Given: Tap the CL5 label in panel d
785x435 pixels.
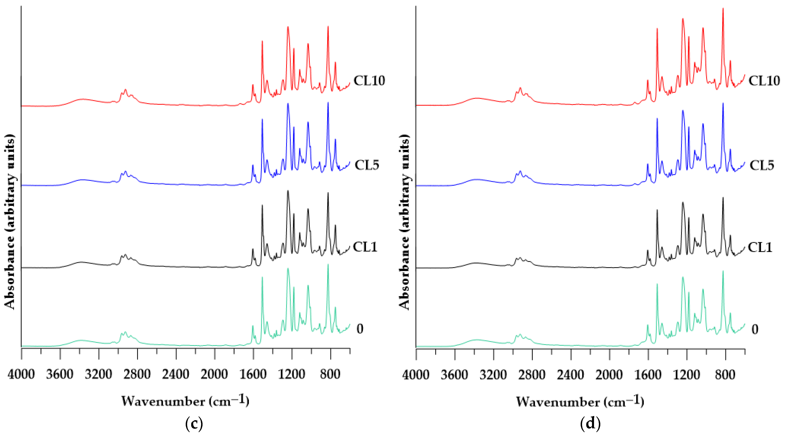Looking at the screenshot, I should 762,165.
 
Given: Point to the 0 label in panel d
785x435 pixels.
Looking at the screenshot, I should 755,329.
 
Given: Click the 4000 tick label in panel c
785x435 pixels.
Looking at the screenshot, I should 21,374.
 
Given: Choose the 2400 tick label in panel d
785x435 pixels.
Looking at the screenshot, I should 571,374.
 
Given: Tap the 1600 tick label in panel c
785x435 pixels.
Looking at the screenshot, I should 253,374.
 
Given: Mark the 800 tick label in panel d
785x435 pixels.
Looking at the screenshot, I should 725,374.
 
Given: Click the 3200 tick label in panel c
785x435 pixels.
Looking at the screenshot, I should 98,374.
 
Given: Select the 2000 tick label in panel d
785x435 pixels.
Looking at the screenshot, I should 609,374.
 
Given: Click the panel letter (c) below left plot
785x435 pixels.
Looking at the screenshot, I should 194,424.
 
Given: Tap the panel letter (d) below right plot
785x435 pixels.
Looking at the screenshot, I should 590,424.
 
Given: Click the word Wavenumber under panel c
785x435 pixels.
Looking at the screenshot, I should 163,402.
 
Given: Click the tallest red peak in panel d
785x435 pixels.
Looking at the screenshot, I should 723,9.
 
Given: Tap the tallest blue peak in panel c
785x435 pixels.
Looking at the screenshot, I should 328,103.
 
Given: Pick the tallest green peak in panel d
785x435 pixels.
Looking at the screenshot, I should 723,271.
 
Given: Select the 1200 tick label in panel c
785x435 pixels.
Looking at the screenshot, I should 292,374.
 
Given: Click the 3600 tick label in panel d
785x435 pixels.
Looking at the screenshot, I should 454,374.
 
